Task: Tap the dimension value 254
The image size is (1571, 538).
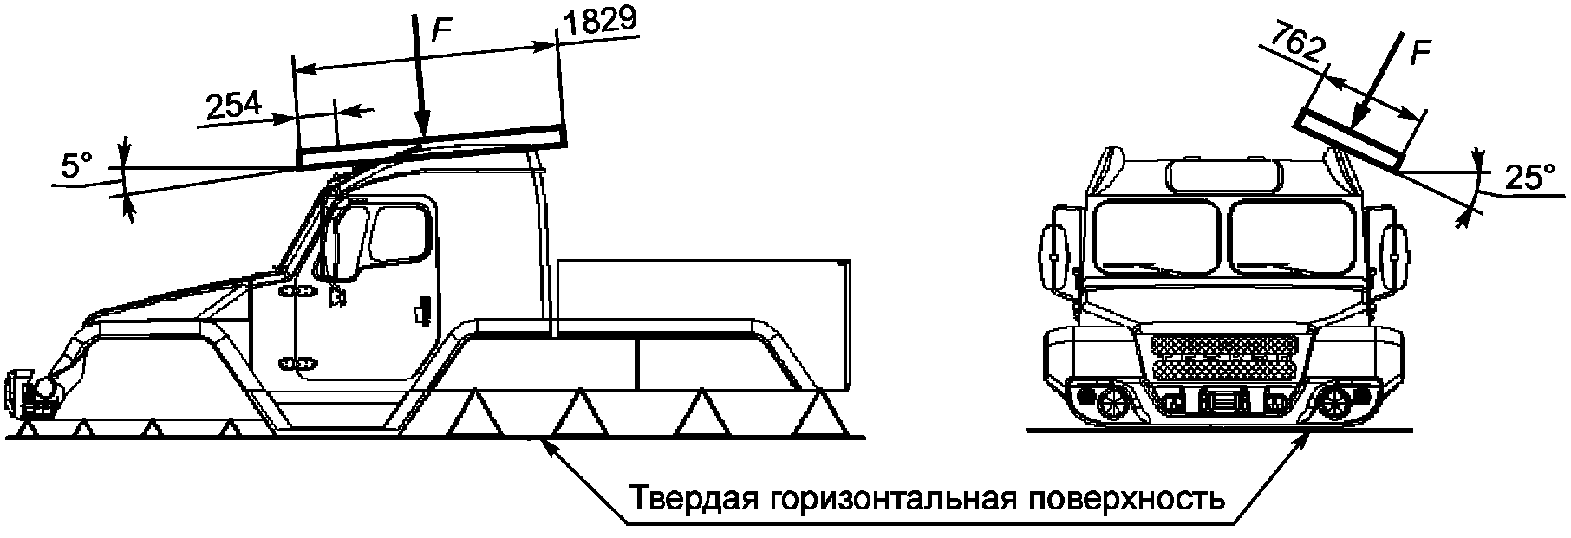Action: [233, 107]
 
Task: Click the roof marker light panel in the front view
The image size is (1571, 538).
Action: [1224, 176]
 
